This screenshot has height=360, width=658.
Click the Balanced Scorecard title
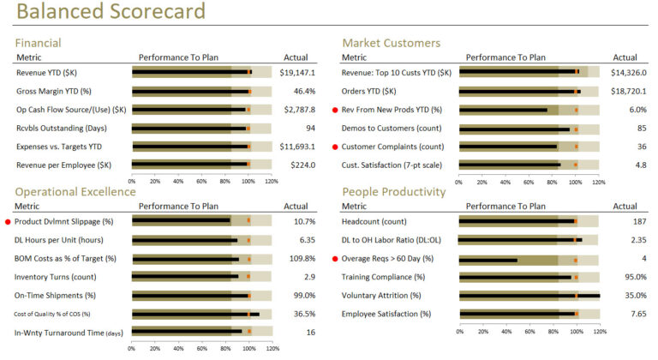pos(111,12)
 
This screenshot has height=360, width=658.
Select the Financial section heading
pos(50,43)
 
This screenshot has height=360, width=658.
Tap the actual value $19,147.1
pos(297,73)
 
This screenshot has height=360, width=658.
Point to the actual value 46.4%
pos(304,91)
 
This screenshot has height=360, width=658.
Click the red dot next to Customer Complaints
pos(335,147)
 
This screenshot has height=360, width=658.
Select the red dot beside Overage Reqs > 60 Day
pos(335,258)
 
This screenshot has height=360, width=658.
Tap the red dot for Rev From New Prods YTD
pos(335,110)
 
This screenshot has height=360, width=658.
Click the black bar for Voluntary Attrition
pos(529,296)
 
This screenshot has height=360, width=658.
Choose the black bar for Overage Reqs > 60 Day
pos(488,258)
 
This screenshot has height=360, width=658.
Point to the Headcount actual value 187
pos(638,221)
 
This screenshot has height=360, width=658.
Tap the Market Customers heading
pos(391,43)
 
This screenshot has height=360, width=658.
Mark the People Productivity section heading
pos(393,192)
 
